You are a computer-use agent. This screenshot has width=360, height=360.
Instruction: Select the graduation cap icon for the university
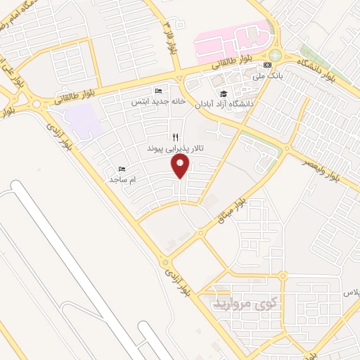pyautogui.click(x=224, y=94)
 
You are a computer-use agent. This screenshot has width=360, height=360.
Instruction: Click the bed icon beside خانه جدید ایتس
pyautogui.click(x=158, y=91)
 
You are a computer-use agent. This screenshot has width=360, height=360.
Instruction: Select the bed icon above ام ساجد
pyautogui.click(x=122, y=169)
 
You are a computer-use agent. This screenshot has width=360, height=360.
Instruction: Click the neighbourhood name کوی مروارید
pyautogui.click(x=245, y=304)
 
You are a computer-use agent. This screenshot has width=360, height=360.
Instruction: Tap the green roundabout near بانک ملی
pyautogui.click(x=275, y=56)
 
